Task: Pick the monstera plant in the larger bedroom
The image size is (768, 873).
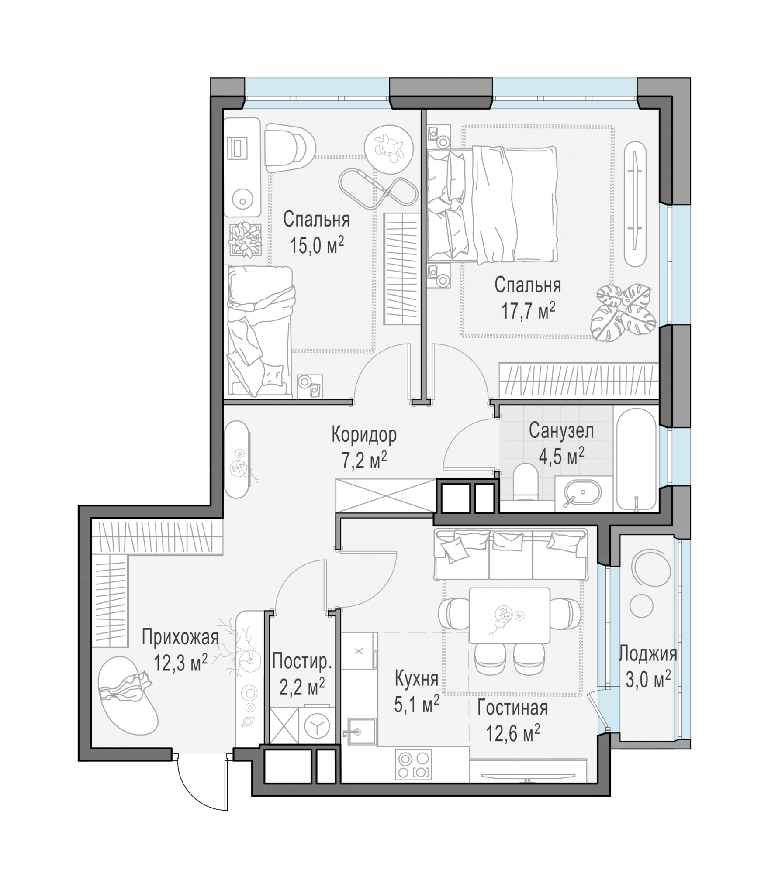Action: (x=623, y=312)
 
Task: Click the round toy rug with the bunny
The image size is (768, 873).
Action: (x=388, y=148)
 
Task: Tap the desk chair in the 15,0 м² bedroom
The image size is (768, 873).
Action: (x=289, y=148)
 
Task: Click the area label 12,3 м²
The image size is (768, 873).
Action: (x=180, y=663)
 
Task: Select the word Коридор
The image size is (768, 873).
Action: (x=364, y=435)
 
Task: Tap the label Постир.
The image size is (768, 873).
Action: (x=302, y=662)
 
